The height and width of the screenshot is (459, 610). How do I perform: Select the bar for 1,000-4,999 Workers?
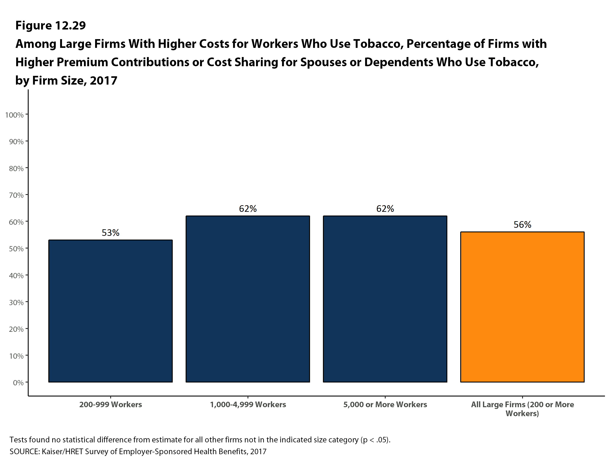click(x=248, y=299)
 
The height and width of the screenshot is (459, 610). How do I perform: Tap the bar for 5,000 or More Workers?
click(x=385, y=299)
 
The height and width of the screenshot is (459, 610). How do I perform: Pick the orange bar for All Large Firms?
click(x=522, y=307)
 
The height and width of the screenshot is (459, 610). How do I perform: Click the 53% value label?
click(x=110, y=233)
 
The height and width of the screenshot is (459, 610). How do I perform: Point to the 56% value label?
click(x=522, y=225)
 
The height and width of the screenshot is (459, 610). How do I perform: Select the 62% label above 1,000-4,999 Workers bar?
click(x=248, y=209)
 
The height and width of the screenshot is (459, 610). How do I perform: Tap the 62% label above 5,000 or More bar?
click(x=385, y=209)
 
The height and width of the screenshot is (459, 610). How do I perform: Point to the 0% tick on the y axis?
click(x=18, y=382)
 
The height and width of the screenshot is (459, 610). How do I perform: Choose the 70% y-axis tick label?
click(x=16, y=195)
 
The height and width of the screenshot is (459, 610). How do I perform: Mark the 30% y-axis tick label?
click(x=16, y=303)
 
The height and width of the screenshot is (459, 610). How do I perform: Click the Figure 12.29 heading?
click(x=51, y=25)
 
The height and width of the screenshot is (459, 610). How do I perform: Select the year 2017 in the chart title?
click(x=103, y=80)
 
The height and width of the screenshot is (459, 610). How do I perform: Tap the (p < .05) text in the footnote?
click(x=375, y=440)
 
